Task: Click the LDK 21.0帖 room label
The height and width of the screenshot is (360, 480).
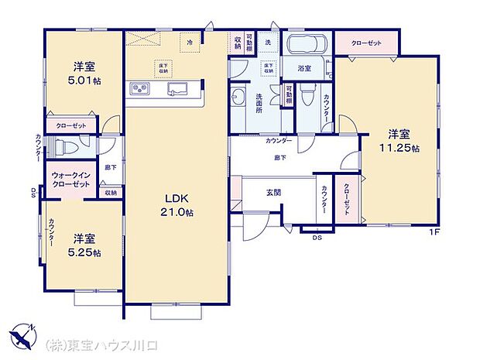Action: point(177,203)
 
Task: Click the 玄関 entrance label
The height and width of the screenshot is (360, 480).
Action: point(274,193)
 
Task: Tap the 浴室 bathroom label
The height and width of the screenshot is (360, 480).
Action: point(304,68)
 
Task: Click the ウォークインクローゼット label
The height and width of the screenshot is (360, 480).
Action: point(70,180)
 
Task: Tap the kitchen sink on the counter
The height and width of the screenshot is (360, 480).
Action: point(177,87)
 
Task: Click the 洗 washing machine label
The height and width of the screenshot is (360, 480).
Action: point(269,41)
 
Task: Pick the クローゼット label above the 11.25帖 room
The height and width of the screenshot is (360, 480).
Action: point(365,43)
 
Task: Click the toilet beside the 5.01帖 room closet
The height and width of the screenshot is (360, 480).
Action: point(65,147)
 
